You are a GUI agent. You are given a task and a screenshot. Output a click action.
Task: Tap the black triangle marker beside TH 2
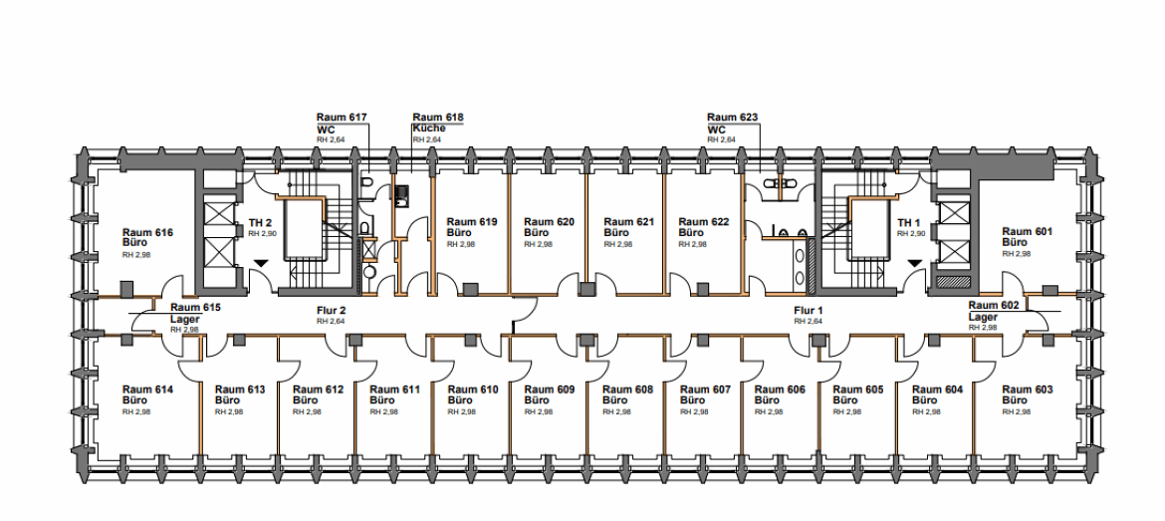(261, 262)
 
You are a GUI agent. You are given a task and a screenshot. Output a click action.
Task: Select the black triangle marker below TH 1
(914, 262)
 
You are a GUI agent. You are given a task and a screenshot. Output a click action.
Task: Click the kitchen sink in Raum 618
(402, 194)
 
